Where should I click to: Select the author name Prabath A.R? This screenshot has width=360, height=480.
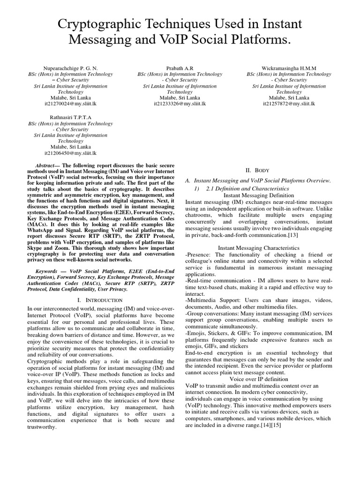[177, 68]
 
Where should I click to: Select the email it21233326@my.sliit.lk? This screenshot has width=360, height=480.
[177, 104]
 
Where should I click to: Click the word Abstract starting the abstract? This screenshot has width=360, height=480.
[47, 166]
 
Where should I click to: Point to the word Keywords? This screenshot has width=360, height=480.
[49, 271]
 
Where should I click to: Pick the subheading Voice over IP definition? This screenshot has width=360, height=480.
[259, 379]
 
